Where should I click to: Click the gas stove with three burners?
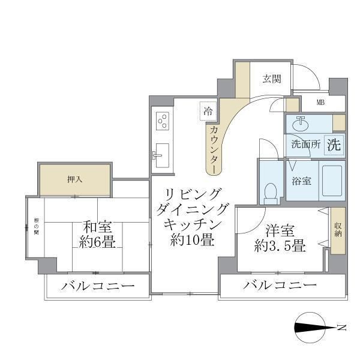point(162,122)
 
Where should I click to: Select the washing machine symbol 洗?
point(334,144)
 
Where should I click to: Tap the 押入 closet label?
point(74,179)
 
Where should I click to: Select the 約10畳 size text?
point(191,240)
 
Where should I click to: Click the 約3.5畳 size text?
point(280,245)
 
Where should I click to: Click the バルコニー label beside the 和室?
point(97,286)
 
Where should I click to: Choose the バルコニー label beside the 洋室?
point(280,285)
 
